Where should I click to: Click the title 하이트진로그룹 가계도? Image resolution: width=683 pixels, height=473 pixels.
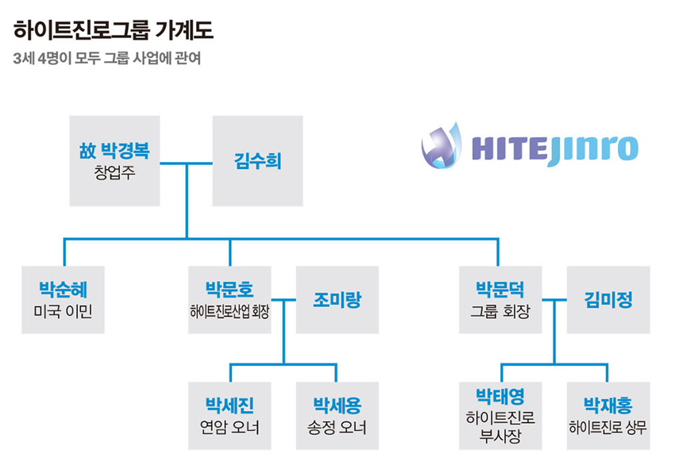pyautogui.click(x=114, y=32)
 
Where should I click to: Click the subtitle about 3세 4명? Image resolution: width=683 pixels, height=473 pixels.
pyautogui.click(x=111, y=60)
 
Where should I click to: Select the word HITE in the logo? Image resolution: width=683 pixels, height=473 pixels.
pyautogui.click(x=508, y=148)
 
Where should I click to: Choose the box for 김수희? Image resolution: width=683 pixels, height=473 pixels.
pyautogui.click(x=257, y=161)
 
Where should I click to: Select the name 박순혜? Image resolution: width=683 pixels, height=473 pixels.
pyautogui.click(x=64, y=289)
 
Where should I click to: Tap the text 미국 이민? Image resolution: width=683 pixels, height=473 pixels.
pyautogui.click(x=64, y=310)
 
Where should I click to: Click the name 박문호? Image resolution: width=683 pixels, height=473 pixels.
pyautogui.click(x=230, y=289)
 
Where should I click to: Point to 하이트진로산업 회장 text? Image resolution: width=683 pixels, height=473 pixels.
pyautogui.click(x=230, y=310)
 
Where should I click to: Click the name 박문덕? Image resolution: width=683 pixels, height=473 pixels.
pyautogui.click(x=499, y=289)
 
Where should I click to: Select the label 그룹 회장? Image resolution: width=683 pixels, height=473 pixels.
pyautogui.click(x=499, y=310)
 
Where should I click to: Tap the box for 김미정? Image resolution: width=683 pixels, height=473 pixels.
pyautogui.click(x=608, y=299)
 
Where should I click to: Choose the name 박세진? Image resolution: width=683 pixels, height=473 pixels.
pyautogui.click(x=230, y=406)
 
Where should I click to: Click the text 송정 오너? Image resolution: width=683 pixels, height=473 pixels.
pyautogui.click(x=337, y=428)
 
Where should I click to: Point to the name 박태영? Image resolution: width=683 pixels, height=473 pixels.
pyautogui.click(x=500, y=395)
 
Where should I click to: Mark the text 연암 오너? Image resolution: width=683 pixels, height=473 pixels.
pyautogui.click(x=230, y=428)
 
